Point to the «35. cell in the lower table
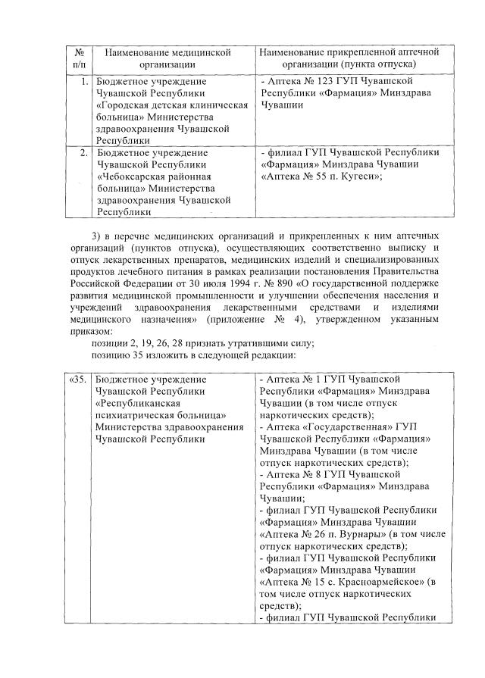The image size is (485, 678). coord(77,378)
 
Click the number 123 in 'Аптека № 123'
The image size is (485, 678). coord(324,80)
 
